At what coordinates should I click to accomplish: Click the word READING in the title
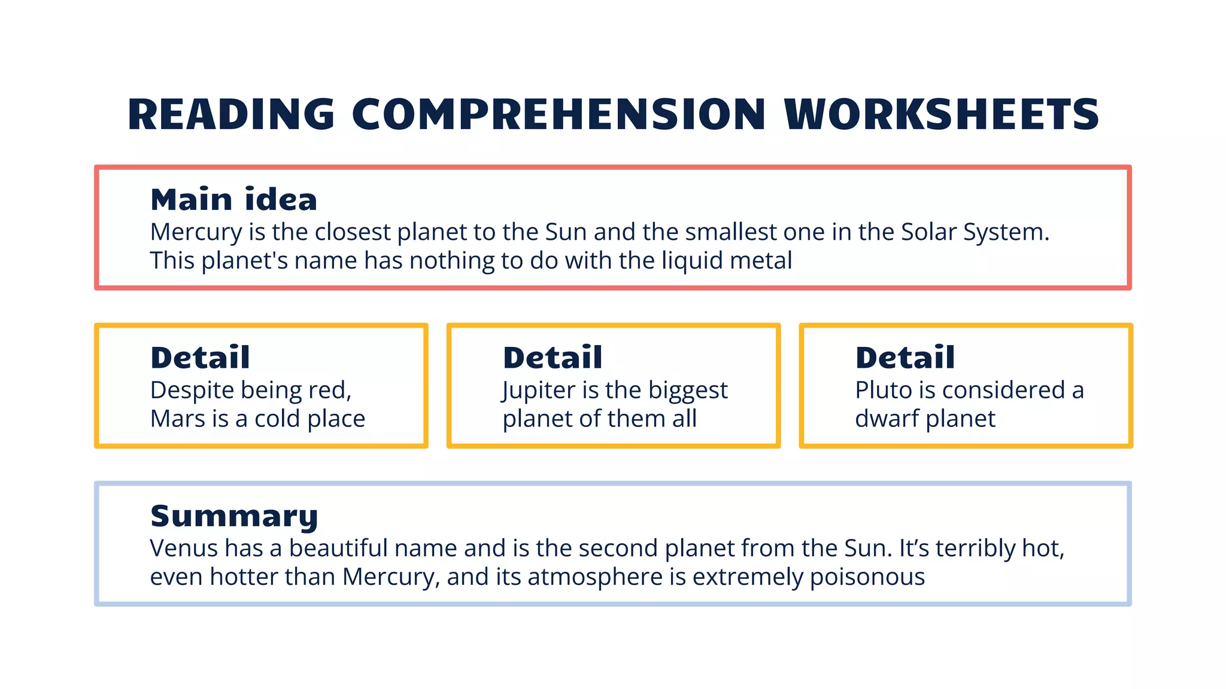pos(231,114)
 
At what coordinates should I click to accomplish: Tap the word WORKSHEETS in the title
pos(941,114)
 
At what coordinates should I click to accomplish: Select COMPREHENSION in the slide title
pos(559,114)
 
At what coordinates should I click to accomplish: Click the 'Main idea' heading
pos(233,199)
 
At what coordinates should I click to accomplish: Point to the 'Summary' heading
pos(234,516)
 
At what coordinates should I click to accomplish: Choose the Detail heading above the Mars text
pos(200,358)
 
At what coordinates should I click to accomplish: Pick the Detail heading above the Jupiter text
pos(553,358)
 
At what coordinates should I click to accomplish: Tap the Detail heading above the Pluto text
pos(905,358)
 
